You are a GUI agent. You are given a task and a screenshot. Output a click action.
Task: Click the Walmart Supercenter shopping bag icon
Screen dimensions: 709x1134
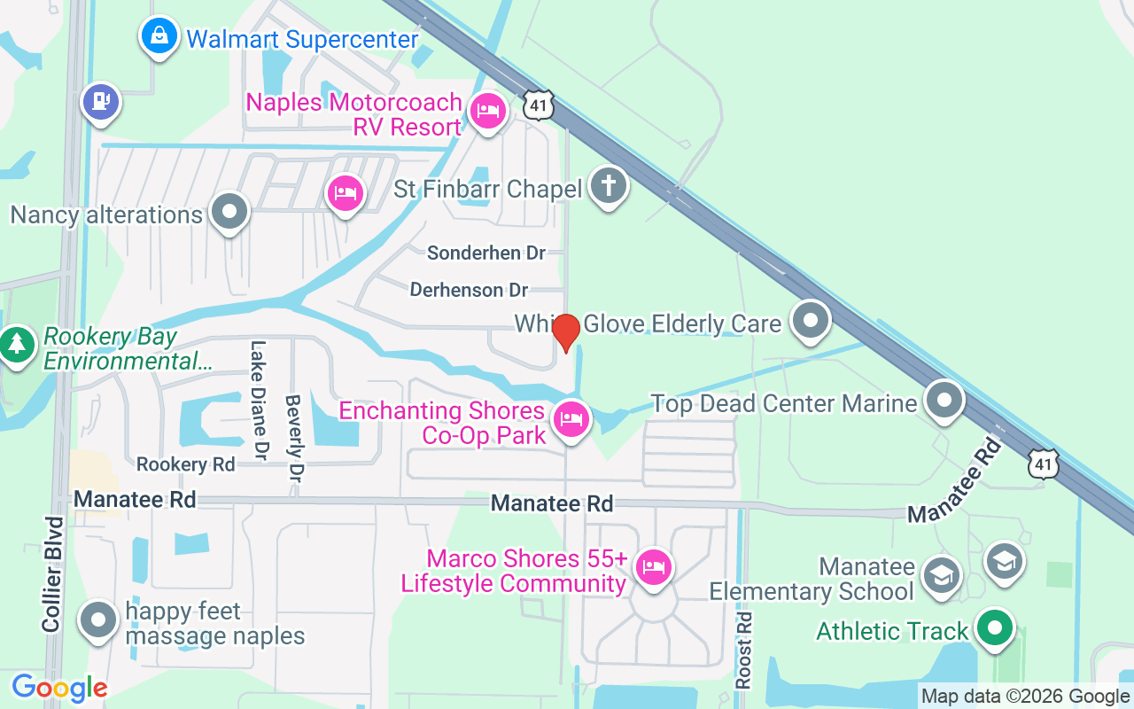(158, 36)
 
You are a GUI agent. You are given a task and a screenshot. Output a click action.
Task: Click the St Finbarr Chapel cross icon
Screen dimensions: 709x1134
(609, 186)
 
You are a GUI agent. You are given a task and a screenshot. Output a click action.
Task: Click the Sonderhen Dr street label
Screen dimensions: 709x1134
(486, 253)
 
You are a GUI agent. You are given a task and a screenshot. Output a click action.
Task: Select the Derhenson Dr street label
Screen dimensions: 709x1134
(469, 290)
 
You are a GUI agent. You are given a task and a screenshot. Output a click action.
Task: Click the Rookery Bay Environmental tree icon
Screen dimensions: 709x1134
(17, 343)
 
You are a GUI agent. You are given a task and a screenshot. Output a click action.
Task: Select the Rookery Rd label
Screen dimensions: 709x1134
(186, 464)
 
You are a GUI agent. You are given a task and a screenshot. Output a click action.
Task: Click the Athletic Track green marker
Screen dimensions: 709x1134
(995, 627)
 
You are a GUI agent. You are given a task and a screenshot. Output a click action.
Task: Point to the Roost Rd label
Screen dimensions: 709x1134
(744, 650)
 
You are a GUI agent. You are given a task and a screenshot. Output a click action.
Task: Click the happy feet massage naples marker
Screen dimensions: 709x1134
(98, 620)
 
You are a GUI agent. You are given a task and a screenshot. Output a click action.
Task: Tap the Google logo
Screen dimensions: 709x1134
(59, 688)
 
